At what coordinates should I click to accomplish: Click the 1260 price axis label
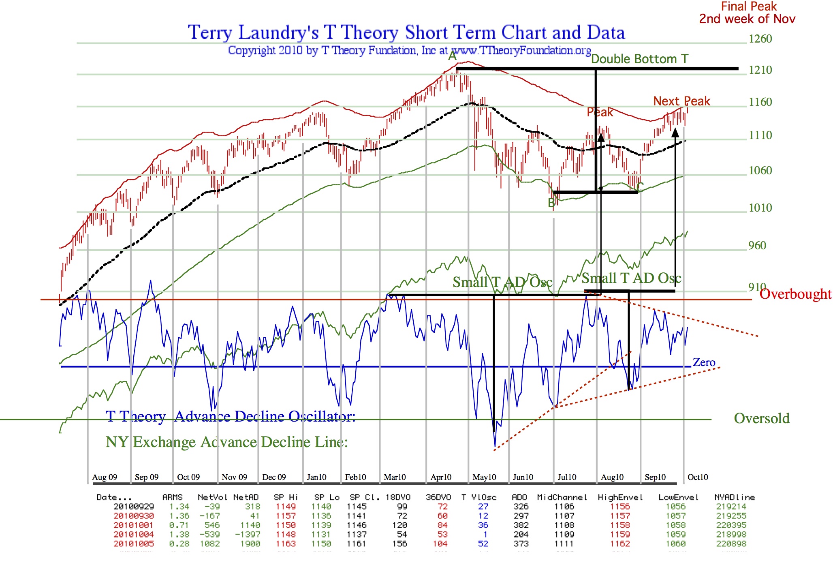pyautogui.click(x=760, y=39)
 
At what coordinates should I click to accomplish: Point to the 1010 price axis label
pyautogui.click(x=760, y=208)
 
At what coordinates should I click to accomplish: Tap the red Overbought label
pyautogui.click(x=795, y=294)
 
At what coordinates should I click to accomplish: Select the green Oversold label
pyautogui.click(x=762, y=418)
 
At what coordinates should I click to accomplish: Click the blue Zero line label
pyautogui.click(x=704, y=362)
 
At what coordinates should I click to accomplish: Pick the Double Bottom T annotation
pyautogui.click(x=639, y=59)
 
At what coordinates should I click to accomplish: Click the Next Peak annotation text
pyautogui.click(x=681, y=101)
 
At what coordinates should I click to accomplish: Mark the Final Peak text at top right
pyautogui.click(x=748, y=6)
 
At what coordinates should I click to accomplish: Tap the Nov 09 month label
pyautogui.click(x=234, y=477)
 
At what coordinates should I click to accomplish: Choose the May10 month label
pyautogui.click(x=484, y=477)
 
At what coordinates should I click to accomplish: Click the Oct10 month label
pyautogui.click(x=698, y=477)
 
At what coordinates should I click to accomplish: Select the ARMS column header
pyautogui.click(x=172, y=497)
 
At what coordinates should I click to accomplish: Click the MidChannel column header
pyautogui.click(x=562, y=497)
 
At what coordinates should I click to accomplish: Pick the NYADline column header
pyautogui.click(x=735, y=497)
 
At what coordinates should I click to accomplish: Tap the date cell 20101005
pyautogui.click(x=134, y=544)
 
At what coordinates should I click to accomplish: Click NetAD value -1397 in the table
pyautogui.click(x=248, y=534)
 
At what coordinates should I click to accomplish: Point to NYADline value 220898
pyautogui.click(x=731, y=544)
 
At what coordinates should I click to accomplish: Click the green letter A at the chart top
pyautogui.click(x=453, y=56)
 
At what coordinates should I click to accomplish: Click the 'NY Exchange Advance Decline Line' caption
pyautogui.click(x=227, y=442)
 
